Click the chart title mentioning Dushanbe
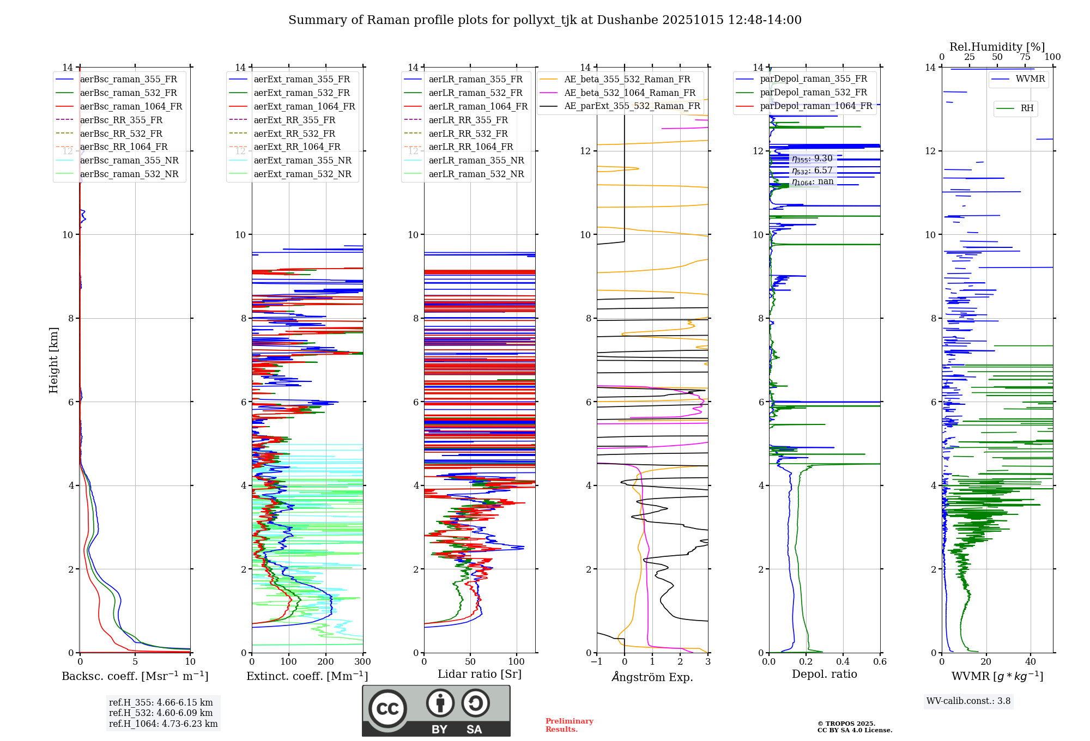pos(544,20)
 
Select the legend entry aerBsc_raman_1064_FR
pos(131,106)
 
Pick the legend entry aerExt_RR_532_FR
pos(294,133)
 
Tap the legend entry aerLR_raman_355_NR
pos(476,160)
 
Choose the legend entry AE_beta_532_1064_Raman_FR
pos(629,93)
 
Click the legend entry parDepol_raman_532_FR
pos(813,92)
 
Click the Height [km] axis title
pos(53,360)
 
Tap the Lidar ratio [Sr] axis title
pos(479,674)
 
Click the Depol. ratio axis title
pos(824,674)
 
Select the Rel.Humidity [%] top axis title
pos(997,47)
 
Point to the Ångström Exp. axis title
pos(652,677)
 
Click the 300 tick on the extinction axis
pos(362,662)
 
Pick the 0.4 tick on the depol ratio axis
pos(843,662)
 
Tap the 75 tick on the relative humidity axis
pos(1025,57)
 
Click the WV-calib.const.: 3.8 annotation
pos(968,701)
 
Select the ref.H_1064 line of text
pos(163,724)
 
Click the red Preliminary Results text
pos(569,725)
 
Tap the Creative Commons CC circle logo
pos(387,708)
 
